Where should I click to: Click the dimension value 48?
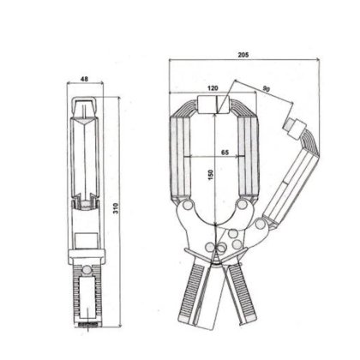pos(84,79)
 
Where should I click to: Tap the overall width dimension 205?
pos(243,55)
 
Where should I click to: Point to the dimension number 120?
pos(213,88)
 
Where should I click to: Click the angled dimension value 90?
pos(267,89)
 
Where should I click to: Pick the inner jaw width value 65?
pos(225,153)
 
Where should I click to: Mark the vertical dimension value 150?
pos(211,175)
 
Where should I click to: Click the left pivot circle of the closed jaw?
pos(188,205)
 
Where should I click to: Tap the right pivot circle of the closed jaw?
pos(243,204)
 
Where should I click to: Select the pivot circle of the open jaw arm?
pos(260,224)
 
